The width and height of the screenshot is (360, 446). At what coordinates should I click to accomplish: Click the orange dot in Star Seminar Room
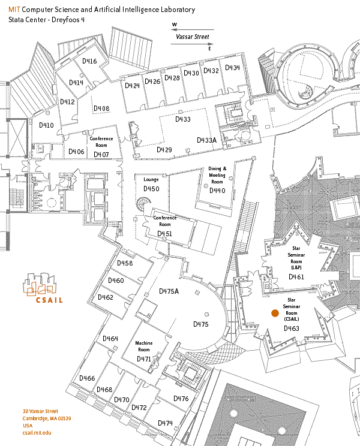coord(275,313)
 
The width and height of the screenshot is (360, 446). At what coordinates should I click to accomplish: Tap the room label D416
coord(89,61)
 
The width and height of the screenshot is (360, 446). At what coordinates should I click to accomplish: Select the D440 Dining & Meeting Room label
coord(217,190)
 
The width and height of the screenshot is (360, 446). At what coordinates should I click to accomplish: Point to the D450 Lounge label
coord(151,189)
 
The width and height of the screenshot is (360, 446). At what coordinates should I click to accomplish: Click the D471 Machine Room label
coord(144,358)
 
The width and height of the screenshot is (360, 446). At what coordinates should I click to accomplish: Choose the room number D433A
coord(206,140)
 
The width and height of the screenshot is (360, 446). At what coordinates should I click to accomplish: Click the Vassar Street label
coord(192,37)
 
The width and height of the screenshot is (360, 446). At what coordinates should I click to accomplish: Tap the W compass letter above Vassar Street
coord(175,25)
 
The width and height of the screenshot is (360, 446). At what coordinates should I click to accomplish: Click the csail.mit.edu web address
coord(37,432)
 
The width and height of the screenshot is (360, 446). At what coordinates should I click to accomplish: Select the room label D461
coord(296,277)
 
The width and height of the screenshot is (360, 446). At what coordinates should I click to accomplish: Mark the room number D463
coord(292,328)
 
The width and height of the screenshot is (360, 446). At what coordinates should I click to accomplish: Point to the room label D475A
coord(169,291)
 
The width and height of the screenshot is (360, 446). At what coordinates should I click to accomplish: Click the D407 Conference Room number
coord(101,154)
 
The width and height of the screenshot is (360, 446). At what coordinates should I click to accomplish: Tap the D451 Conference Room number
coord(164,233)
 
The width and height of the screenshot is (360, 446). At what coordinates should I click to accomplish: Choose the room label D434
coord(232,68)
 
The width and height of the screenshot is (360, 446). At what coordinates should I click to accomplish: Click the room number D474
coord(166,423)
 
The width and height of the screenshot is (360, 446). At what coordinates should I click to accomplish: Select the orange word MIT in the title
coord(14,10)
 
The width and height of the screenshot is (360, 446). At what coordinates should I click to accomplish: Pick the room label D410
coord(46,125)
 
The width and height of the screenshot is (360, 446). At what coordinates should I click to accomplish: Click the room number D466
coord(87,378)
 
